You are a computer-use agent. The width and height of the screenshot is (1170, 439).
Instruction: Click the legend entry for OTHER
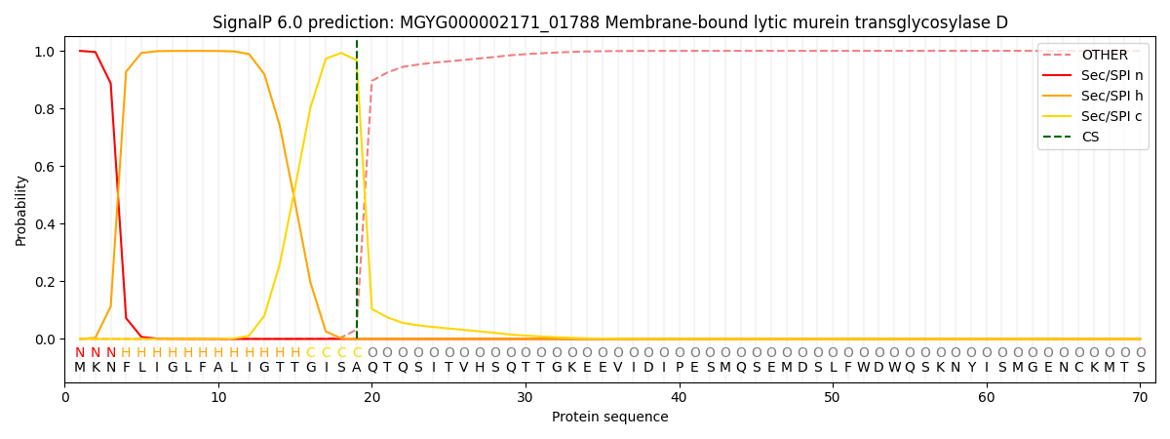click(x=1104, y=56)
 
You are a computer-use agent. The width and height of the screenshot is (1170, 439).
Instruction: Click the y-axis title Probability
click(x=21, y=211)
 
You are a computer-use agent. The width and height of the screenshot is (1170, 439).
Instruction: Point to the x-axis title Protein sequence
click(x=610, y=418)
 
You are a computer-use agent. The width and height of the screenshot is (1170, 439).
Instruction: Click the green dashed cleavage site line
click(x=357, y=195)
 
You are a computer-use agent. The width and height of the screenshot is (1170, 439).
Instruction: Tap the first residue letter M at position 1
click(x=80, y=367)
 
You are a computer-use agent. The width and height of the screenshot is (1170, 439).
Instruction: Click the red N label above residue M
click(x=80, y=352)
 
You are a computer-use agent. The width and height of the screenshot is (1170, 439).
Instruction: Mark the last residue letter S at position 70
click(x=1140, y=367)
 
